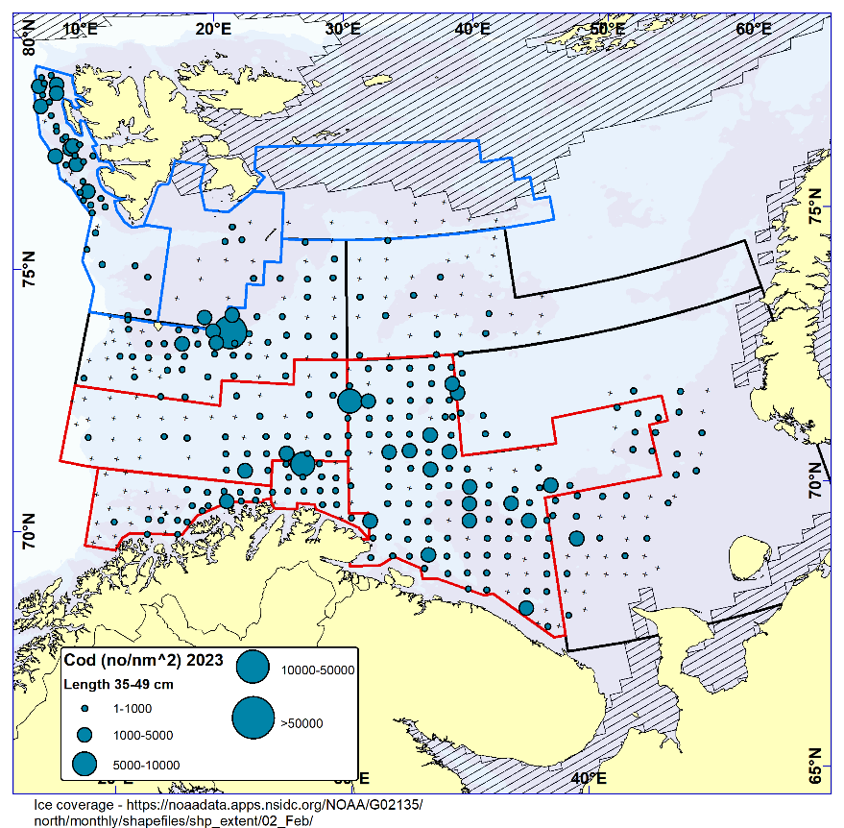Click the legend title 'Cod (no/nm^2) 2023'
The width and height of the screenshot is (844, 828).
143,660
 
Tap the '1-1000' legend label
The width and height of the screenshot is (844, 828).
127,708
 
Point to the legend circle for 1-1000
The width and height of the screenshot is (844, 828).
84,708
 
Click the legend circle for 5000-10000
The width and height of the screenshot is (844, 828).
84,764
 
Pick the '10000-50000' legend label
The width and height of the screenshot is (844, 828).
318,670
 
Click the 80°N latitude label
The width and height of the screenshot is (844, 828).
29,40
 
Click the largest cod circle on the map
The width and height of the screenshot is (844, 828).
231,329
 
